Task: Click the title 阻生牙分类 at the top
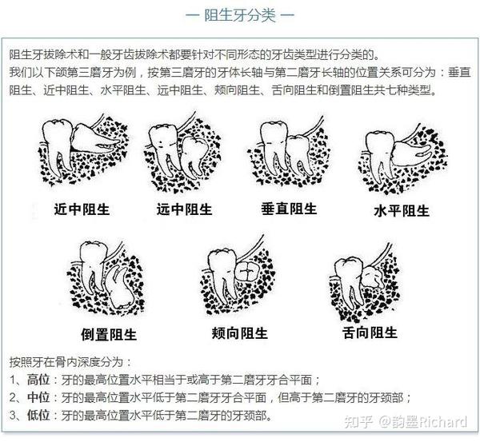(x=239, y=15)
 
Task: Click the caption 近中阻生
(x=82, y=210)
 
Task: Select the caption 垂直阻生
(x=289, y=209)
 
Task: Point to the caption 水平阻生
(x=401, y=211)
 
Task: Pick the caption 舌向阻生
(x=369, y=332)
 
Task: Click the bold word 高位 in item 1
(x=38, y=379)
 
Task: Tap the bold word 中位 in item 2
(x=38, y=397)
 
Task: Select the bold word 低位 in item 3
(x=38, y=415)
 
